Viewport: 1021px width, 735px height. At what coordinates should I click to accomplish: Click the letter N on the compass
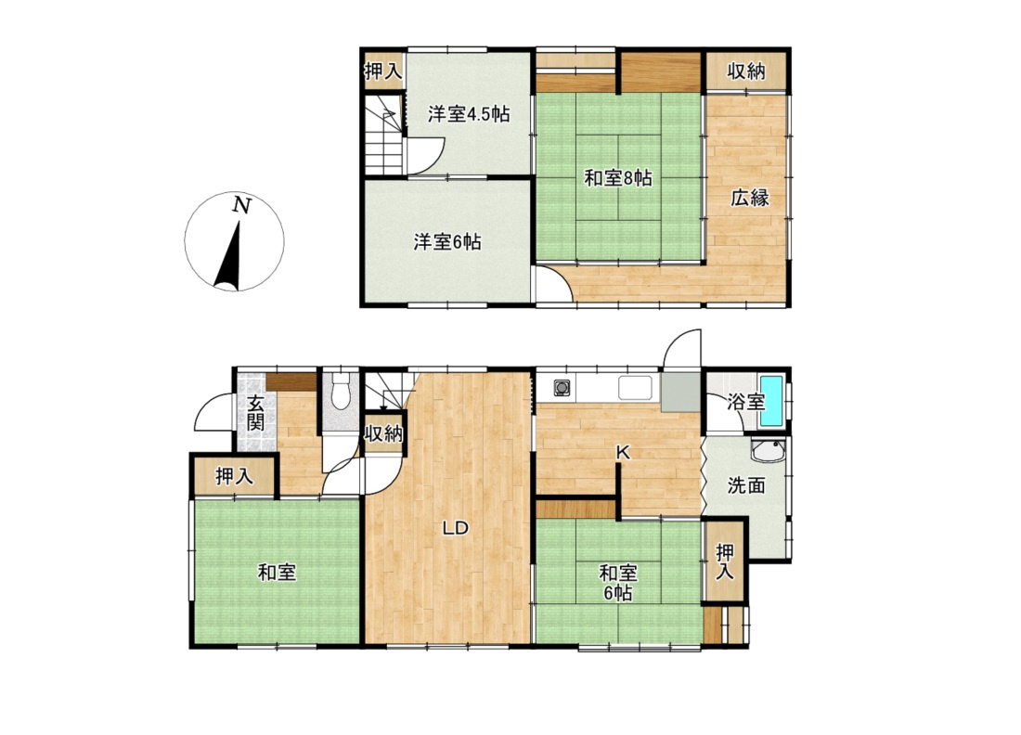click(x=241, y=206)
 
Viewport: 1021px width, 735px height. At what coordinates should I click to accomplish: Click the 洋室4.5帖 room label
click(x=468, y=114)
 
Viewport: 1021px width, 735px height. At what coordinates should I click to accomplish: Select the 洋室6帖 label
click(x=447, y=242)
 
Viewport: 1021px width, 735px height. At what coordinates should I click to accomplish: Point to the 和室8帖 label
click(x=618, y=178)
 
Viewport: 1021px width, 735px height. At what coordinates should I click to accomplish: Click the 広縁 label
click(x=749, y=198)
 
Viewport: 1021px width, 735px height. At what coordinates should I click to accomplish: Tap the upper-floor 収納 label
click(x=746, y=71)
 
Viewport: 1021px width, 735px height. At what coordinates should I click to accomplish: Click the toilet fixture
click(x=341, y=393)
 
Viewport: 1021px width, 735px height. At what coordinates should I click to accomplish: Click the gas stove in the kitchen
click(x=562, y=389)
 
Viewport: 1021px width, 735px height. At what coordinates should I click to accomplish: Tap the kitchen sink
click(x=635, y=389)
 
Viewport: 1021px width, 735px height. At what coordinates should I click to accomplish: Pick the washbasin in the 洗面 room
click(x=769, y=450)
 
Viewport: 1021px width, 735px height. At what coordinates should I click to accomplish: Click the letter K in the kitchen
click(x=623, y=453)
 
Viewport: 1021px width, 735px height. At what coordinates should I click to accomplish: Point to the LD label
click(x=456, y=528)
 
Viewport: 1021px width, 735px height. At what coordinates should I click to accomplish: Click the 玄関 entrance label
click(x=255, y=412)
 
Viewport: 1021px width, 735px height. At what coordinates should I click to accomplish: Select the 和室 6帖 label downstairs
click(x=618, y=583)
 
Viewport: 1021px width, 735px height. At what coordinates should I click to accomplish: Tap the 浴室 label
click(x=745, y=402)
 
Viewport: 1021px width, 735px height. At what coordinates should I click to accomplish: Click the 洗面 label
click(x=746, y=485)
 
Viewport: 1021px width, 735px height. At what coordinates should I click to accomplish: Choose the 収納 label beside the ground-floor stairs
click(x=383, y=433)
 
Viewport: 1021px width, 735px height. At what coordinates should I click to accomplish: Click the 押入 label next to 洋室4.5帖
click(x=383, y=71)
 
